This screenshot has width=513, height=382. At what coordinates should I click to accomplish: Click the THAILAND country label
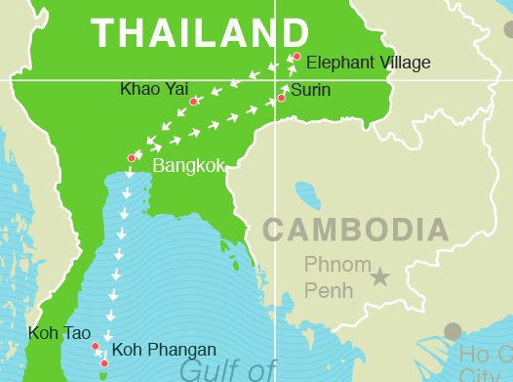click(193, 33)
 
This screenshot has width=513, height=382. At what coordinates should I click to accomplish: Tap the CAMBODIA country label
click(356, 231)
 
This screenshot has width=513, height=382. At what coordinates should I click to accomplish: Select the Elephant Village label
click(368, 64)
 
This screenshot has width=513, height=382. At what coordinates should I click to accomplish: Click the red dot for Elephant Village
click(296, 57)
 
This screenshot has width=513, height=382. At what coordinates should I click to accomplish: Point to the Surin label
click(310, 91)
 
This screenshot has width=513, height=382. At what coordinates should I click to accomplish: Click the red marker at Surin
click(281, 98)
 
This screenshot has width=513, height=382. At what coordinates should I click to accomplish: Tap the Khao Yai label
click(153, 89)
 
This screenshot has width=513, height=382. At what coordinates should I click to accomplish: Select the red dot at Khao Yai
click(193, 102)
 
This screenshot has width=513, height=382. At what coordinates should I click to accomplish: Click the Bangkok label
click(188, 166)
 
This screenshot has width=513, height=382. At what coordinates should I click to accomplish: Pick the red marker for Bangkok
click(132, 157)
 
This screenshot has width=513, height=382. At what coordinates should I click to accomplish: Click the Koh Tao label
click(59, 333)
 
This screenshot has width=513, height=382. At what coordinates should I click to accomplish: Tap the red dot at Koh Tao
click(95, 346)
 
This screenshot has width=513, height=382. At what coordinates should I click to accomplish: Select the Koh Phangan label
click(164, 350)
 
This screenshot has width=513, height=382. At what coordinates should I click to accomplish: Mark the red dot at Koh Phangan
click(104, 363)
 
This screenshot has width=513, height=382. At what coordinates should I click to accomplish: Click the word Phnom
click(337, 265)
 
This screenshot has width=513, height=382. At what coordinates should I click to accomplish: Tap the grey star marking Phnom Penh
click(379, 277)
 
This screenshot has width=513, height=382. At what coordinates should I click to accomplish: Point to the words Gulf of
click(228, 370)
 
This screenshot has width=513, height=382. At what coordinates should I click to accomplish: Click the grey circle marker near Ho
click(453, 331)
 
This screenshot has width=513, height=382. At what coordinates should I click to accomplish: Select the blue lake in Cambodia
click(307, 194)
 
